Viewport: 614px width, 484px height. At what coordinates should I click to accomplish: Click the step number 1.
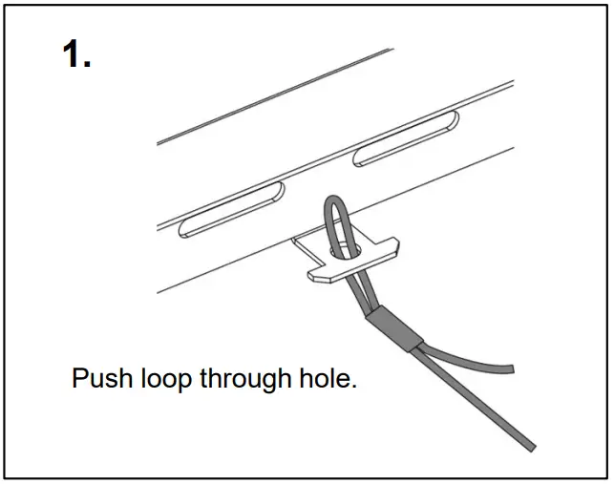76,55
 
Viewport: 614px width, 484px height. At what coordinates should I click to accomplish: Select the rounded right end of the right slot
454,119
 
